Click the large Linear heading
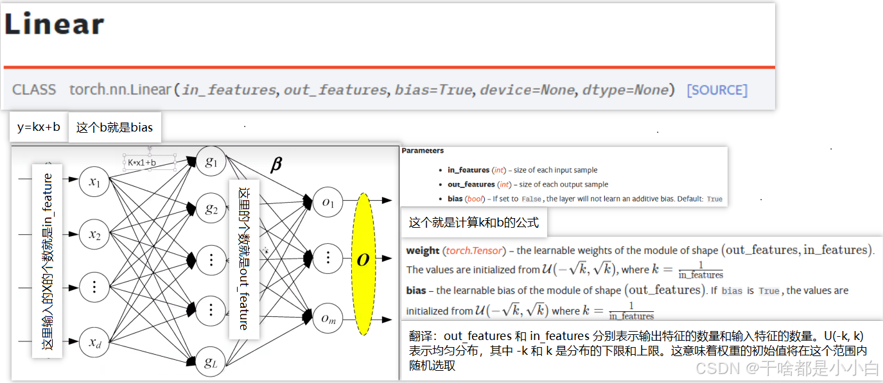(54, 24)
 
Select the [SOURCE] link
(717, 90)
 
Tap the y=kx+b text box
(39, 127)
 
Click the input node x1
(94, 183)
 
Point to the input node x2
(94, 235)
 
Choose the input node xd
(94, 341)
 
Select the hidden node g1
(211, 162)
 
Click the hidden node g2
(211, 209)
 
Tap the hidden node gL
(211, 363)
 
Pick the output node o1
(328, 203)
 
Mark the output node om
(328, 318)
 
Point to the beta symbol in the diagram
(276, 165)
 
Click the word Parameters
(423, 151)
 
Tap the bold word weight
(423, 251)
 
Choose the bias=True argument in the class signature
(433, 90)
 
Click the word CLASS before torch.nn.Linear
(34, 90)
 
